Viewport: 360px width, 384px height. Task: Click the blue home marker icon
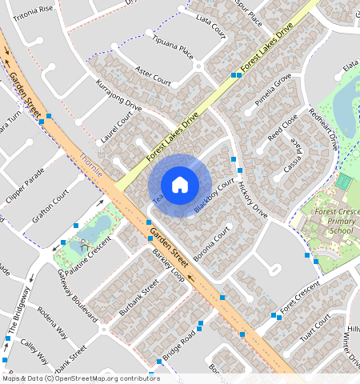pyautogui.click(x=180, y=184)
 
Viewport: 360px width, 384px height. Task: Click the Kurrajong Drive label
pyautogui.click(x=118, y=95)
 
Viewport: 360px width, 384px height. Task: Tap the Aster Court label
pyautogui.click(x=154, y=76)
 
